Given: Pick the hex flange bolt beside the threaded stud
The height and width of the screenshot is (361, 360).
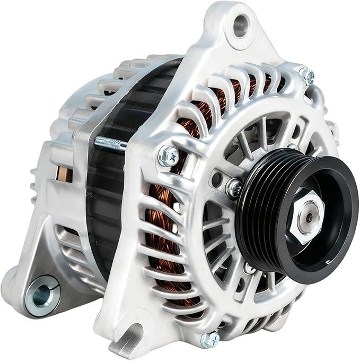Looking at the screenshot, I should tap(168, 156).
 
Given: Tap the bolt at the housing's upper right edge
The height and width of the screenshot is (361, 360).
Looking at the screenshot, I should tap(307, 75).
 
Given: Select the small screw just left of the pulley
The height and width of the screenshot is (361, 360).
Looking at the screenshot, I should tap(233, 187).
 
